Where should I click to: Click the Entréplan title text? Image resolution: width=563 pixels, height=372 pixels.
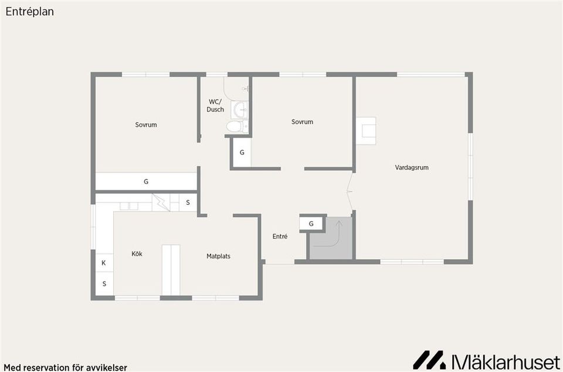pos(30,12)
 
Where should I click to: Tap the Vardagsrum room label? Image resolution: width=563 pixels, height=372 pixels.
pos(412,167)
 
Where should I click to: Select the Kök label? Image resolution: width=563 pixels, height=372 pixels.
pos(137,253)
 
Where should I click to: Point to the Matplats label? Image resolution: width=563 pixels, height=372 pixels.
pos(218,256)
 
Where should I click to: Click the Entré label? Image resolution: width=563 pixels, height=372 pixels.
pos(280,236)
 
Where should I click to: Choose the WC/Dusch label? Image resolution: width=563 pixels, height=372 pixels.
pos(215,106)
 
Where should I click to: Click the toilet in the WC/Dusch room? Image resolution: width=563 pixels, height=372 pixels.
pos(236,126)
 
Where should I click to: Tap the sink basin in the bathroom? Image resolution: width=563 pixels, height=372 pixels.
pos(239,110)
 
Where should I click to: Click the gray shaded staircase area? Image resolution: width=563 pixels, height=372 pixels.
pos(331,238)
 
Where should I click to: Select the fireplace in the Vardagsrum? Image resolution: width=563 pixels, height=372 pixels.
pos(366,131)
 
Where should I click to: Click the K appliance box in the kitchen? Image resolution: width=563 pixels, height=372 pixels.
pos(104,263)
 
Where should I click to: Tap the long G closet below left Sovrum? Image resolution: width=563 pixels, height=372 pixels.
pos(146,182)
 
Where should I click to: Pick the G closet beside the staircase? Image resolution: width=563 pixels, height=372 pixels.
pos(311,224)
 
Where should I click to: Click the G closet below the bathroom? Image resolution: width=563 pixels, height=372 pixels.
pos(242,153)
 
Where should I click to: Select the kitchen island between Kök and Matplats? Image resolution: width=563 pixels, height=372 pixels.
pos(171,270)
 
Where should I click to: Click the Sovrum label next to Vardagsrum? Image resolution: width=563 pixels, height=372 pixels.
pos(303,121)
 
